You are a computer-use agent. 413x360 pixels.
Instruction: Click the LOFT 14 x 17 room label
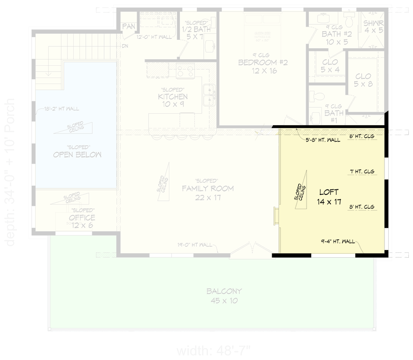coord(329,197)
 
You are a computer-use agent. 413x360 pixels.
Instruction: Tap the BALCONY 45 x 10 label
coord(224,296)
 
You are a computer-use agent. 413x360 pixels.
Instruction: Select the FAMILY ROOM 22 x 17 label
coord(207,193)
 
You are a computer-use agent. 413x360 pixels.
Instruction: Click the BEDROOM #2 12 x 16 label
coord(262,67)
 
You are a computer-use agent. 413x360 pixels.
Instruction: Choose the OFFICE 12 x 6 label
coord(82,222)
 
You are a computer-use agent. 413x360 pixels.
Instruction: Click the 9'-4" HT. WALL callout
coord(338,241)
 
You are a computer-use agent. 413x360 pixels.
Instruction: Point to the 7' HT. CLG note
coord(362,172)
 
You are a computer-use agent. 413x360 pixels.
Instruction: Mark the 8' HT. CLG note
coord(362,207)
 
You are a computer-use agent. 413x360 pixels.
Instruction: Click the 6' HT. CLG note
coord(362,136)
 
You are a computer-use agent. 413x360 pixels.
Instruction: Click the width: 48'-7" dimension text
coord(214,351)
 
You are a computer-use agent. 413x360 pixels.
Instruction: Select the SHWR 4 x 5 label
coord(373,27)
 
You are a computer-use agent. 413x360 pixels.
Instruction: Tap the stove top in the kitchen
coord(185,71)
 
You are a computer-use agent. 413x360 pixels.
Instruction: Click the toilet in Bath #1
coord(317,97)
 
